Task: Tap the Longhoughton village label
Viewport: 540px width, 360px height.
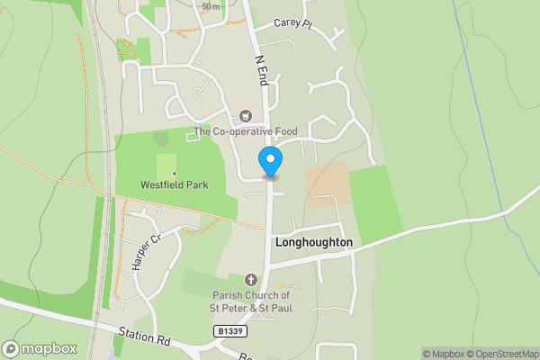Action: click(313, 243)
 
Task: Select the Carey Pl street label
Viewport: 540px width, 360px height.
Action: click(292, 24)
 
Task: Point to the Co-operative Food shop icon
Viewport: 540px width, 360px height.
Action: click(245, 116)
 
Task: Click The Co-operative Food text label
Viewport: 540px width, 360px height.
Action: click(246, 132)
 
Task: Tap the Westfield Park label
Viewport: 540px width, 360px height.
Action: click(174, 185)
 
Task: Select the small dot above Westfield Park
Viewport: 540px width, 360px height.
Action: click(174, 174)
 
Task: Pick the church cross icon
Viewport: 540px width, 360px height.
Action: click(250, 280)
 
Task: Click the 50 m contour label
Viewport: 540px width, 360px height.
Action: click(211, 6)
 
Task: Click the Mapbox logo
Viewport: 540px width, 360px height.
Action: click(40, 348)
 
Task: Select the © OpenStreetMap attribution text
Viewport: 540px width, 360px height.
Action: click(504, 354)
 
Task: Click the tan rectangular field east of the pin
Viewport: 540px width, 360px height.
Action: click(326, 185)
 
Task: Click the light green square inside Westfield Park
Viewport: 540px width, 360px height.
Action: click(166, 165)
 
